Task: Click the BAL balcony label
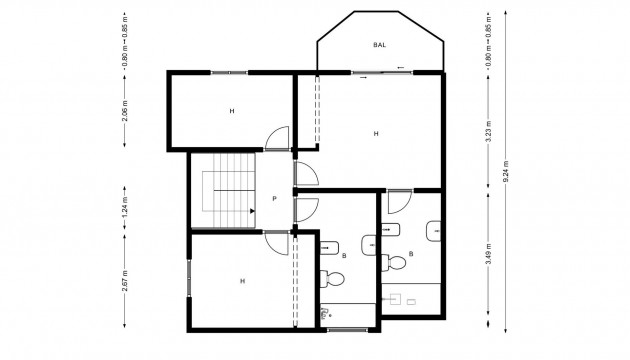pos(379,46)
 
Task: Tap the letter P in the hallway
pos(274,198)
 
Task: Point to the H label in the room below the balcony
pos(376,133)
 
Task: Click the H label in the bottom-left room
pos(242,282)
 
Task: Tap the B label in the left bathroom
pos(345,256)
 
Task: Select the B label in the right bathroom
pos(412,254)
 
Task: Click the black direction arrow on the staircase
pos(248,212)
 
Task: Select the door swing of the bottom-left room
pos(276,241)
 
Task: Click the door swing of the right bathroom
pos(397,199)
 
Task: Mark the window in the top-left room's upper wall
pos(230,72)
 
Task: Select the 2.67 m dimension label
pos(125,280)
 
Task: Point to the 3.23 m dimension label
pos(487,140)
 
